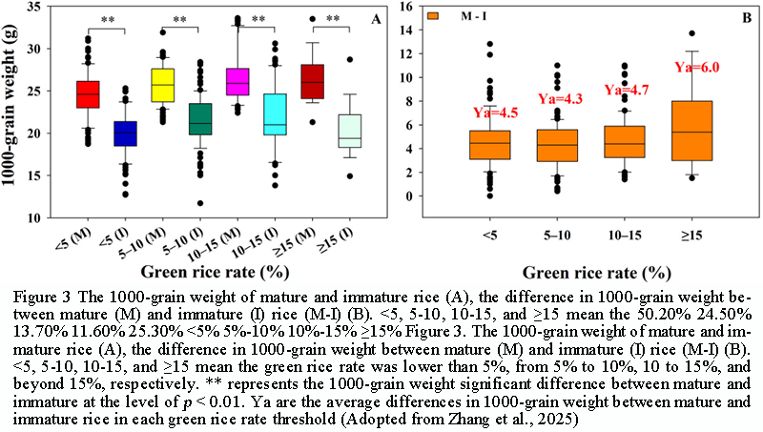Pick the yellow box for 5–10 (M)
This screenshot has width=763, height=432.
click(162, 85)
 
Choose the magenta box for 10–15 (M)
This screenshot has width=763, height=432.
click(237, 82)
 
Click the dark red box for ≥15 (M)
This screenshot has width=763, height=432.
click(311, 82)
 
